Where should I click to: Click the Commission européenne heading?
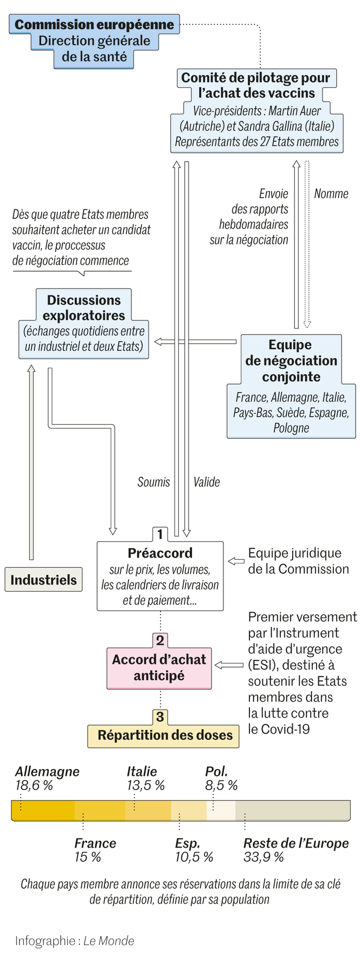(94, 24)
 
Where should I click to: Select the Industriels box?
(43, 580)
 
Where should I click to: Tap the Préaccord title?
(160, 553)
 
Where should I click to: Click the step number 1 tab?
(160, 534)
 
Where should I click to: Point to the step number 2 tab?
(160, 640)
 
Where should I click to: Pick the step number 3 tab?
(160, 717)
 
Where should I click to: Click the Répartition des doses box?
(164, 735)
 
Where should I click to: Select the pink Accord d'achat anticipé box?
(159, 668)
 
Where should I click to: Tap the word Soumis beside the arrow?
(153, 482)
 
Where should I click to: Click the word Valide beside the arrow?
(207, 482)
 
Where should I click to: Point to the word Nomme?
(331, 194)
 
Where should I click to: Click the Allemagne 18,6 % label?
(47, 778)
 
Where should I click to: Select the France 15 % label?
(95, 850)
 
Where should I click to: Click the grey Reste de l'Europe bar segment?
(293, 810)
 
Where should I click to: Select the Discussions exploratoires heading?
(84, 307)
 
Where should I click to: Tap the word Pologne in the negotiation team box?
(291, 428)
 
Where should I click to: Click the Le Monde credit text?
(108, 941)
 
